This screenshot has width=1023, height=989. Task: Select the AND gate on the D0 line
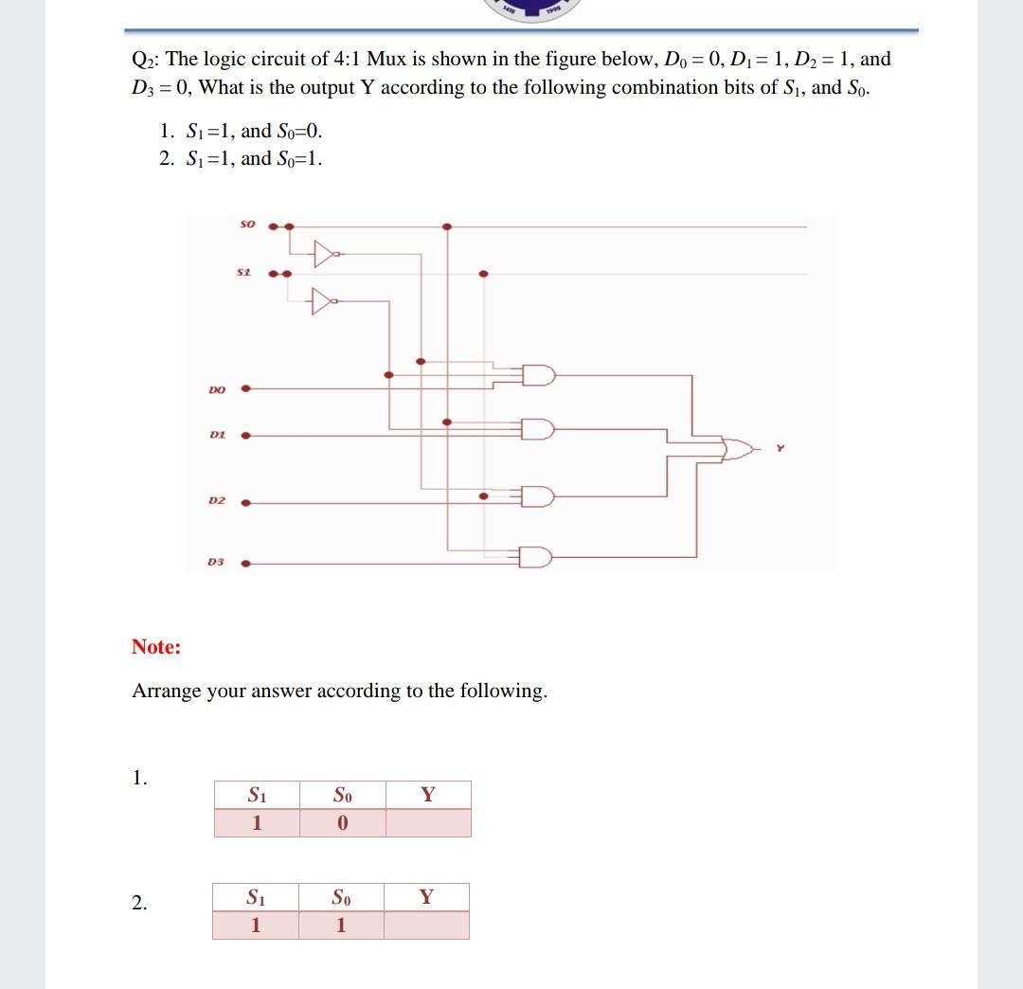click(x=538, y=375)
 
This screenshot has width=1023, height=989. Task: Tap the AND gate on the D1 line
click(x=538, y=430)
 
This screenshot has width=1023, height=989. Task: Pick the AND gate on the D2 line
click(x=538, y=495)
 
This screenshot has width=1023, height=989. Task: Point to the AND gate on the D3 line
click(x=538, y=556)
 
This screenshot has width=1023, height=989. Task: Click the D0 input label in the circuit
click(x=217, y=388)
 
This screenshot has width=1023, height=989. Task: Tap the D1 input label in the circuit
click(x=217, y=436)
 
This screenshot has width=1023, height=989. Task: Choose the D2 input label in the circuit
click(x=217, y=500)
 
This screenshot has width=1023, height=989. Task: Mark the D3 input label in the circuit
click(x=217, y=563)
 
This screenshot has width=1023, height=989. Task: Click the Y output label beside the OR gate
click(x=781, y=449)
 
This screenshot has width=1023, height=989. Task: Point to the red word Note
click(x=155, y=647)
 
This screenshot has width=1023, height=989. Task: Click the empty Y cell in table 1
click(x=427, y=823)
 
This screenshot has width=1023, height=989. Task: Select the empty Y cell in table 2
click(x=426, y=926)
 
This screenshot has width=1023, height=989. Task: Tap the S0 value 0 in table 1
click(x=342, y=823)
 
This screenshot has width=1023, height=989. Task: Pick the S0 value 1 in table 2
click(x=341, y=926)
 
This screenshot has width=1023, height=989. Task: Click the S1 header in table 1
click(x=256, y=795)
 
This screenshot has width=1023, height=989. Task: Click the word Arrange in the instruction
click(x=167, y=691)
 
